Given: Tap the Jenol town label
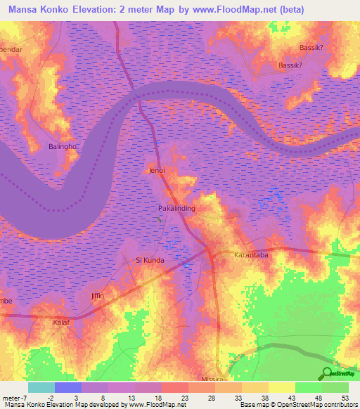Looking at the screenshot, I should click(156, 170).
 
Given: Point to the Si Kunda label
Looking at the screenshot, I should click(150, 260).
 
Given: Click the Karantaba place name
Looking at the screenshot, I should click(250, 257).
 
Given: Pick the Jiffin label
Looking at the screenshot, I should click(98, 296).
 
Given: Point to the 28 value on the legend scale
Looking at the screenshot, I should click(213, 397).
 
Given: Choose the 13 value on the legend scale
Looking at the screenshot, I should click(133, 397).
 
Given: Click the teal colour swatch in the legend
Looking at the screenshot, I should click(41, 387).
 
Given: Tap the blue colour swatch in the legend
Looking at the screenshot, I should click(67, 387).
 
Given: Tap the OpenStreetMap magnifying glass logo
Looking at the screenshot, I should click(328, 374).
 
